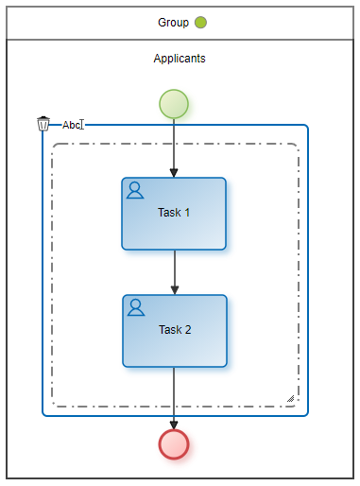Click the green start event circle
174,104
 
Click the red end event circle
174,444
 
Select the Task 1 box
174,214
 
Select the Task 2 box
175,331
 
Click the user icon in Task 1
135,190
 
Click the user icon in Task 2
136,307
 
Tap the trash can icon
43,124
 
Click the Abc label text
71,125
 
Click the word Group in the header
173,23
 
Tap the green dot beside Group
200,23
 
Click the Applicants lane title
180,59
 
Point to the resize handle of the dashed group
291,399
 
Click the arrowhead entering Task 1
174,173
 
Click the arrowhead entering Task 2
175,290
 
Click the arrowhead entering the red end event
174,425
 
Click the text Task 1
174,213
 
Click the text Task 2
175,330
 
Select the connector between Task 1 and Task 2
175,272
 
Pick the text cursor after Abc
82,125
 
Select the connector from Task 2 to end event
174,398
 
